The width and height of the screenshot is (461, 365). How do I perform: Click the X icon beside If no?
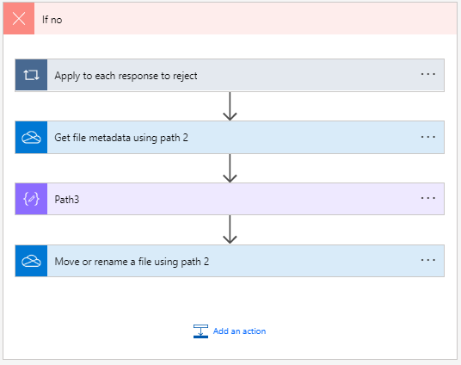coord(19,18)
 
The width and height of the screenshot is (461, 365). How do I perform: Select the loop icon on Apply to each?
coord(31,75)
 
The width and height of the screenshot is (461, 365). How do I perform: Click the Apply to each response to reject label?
coord(126,76)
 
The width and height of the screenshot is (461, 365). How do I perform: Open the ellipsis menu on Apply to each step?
coord(427,75)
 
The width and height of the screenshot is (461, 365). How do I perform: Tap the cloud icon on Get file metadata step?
coord(31,137)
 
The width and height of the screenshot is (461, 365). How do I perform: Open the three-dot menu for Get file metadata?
coord(427,137)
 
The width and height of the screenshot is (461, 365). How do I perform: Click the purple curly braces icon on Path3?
coord(31,199)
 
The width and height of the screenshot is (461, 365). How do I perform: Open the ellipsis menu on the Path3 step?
coord(427,199)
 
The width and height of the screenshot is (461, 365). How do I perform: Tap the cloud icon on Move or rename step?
coord(31,261)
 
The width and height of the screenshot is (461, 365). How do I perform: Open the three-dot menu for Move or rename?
coord(427,261)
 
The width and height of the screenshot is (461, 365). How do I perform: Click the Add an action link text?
coord(240,331)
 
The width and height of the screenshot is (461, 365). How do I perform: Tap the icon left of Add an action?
coord(200,331)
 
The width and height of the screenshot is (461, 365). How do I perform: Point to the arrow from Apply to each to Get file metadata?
coord(230,106)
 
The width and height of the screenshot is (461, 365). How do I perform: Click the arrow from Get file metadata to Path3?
coord(230,168)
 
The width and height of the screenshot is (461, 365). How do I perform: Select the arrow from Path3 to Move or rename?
coord(230,230)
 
